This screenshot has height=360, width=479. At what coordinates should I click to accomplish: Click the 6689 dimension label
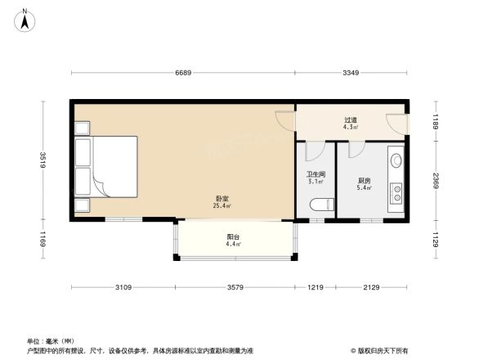pyautogui.click(x=182, y=74)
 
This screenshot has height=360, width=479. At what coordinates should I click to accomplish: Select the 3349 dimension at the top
pyautogui.click(x=351, y=74)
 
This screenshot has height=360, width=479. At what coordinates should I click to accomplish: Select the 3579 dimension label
pyautogui.click(x=235, y=287)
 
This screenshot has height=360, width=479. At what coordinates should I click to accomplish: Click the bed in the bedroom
pyautogui.click(x=106, y=166)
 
